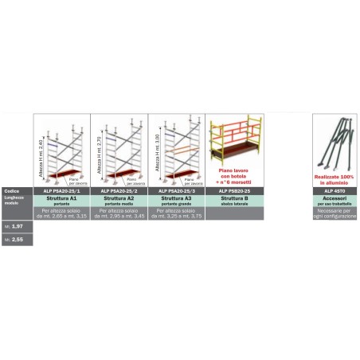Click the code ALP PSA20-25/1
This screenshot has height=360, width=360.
(x=61, y=192)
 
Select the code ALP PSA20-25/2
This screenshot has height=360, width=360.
(x=119, y=192)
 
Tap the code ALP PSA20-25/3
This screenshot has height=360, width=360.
(x=176, y=192)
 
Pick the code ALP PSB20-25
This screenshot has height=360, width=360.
(x=233, y=192)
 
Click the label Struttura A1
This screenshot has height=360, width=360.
(x=61, y=198)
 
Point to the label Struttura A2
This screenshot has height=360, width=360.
(x=119, y=198)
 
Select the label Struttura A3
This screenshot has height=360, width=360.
(x=176, y=198)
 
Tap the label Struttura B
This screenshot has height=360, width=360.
(x=233, y=198)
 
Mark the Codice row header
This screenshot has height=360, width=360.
(x=11, y=192)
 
